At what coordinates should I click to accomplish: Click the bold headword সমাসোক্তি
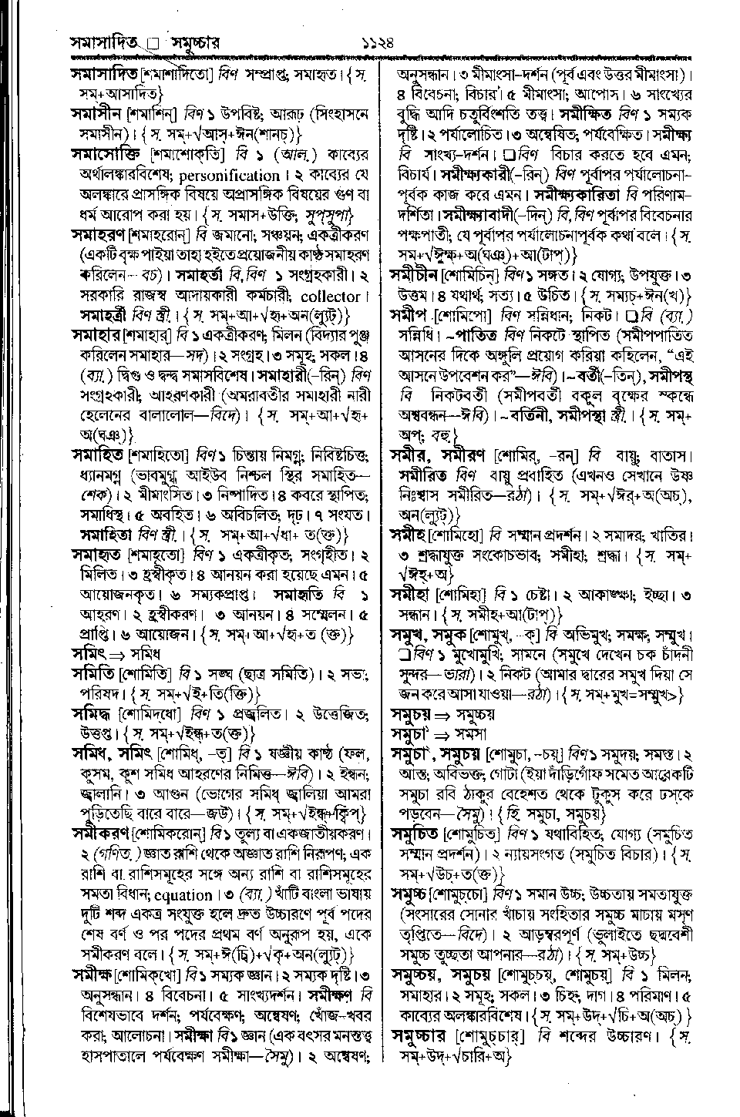tap(103, 155)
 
